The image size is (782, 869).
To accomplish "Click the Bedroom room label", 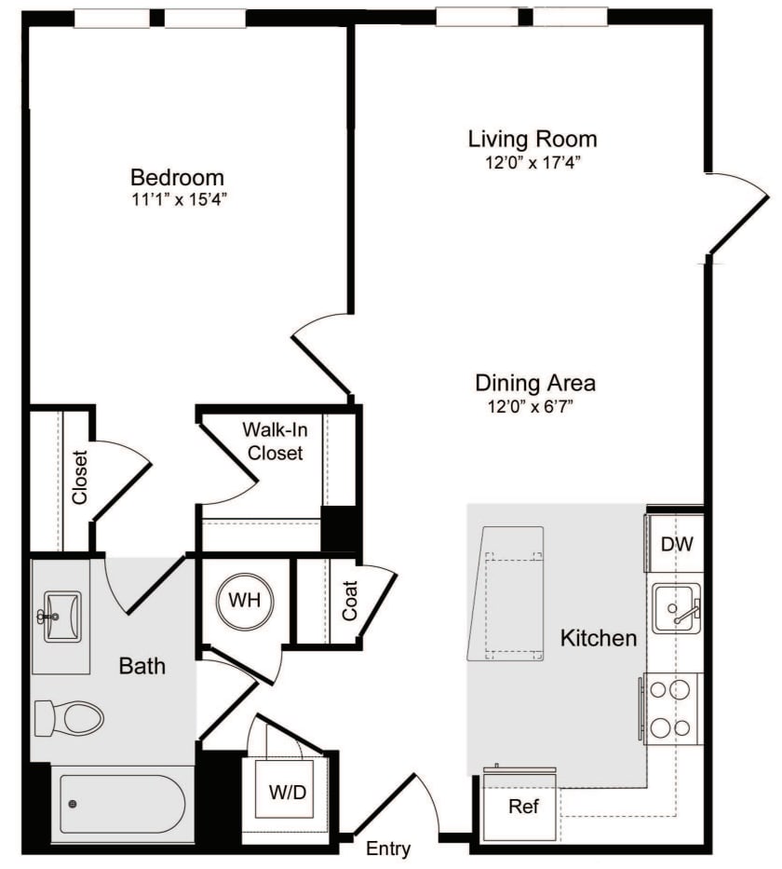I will tap(177, 177).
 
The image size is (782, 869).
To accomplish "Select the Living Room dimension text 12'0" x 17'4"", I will tap(532, 162).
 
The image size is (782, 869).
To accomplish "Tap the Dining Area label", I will tap(535, 382).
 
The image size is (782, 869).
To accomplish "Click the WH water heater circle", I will tap(244, 601).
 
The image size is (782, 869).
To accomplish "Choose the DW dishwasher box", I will tap(676, 544).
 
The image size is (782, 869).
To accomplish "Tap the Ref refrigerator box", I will tap(523, 807).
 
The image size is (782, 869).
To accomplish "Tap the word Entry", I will tap(388, 849).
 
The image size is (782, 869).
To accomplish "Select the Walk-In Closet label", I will tap(275, 441).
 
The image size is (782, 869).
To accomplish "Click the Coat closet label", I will tap(350, 601).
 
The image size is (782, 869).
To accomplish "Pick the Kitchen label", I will tap(599, 638).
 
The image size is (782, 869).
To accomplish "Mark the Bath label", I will tap(142, 665).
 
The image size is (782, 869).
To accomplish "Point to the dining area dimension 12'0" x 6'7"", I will tap(535, 406).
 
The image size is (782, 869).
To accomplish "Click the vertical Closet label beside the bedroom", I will tap(80, 478).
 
